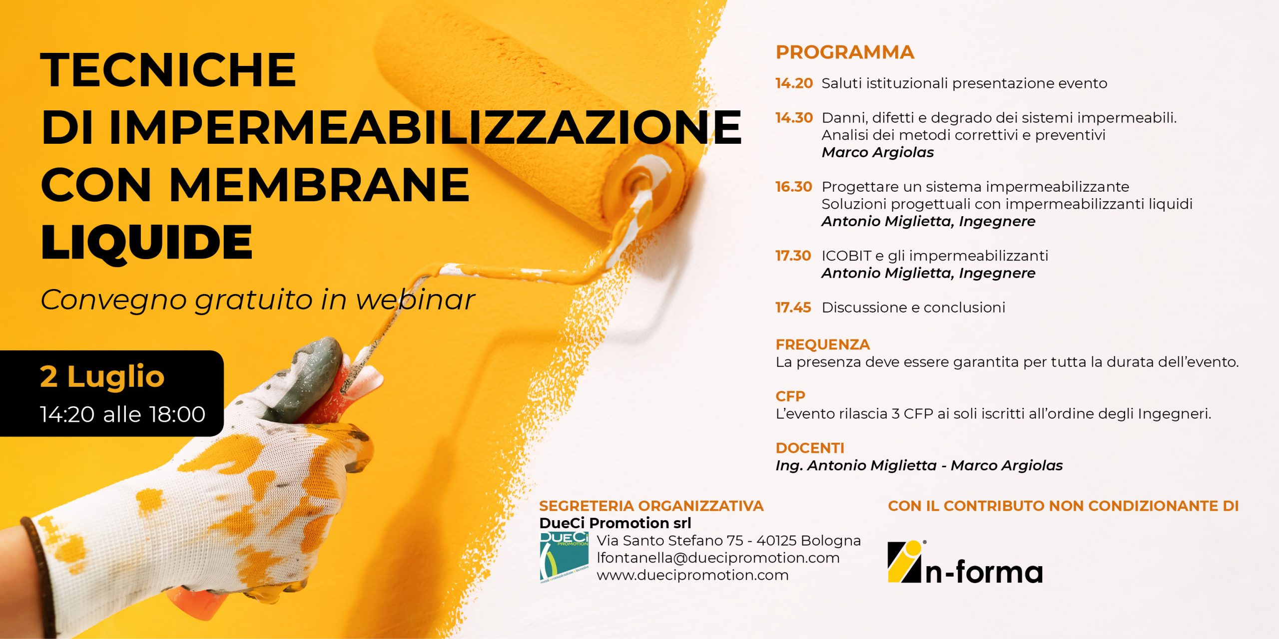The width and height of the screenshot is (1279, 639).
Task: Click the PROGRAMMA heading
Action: click(x=845, y=52)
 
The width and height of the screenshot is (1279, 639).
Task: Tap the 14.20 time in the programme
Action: click(x=794, y=83)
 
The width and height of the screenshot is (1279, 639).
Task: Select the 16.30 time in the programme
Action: click(x=794, y=187)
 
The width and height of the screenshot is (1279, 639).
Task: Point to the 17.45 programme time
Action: click(x=793, y=308)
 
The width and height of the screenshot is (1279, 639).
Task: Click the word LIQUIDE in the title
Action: click(x=147, y=243)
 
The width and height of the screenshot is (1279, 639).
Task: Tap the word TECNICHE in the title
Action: click(x=169, y=69)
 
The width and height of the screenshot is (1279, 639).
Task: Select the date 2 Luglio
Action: click(x=102, y=376)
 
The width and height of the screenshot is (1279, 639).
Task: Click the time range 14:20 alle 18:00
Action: click(x=123, y=414)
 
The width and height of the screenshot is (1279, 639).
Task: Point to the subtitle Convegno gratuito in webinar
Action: click(x=258, y=301)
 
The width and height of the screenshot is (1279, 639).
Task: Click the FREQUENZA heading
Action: click(x=823, y=344)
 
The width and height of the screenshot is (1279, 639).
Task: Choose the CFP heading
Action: click(x=790, y=396)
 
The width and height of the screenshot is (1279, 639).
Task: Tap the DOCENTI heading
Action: click(x=810, y=448)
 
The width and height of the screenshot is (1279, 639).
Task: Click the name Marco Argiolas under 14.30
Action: click(x=878, y=153)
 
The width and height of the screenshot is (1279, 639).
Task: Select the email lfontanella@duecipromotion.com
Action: click(x=718, y=558)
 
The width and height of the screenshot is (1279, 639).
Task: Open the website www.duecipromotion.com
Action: click(x=693, y=576)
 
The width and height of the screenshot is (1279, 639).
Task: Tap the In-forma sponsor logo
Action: click(x=965, y=562)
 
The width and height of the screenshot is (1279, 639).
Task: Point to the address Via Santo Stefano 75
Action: click(x=670, y=541)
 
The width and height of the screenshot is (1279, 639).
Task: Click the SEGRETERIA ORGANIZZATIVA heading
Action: click(x=651, y=506)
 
